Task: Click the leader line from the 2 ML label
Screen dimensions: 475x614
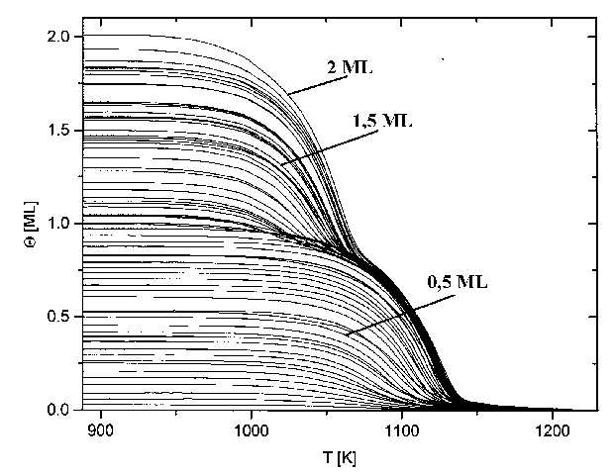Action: coord(315,86)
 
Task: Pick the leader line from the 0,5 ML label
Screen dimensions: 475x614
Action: coord(385,314)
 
